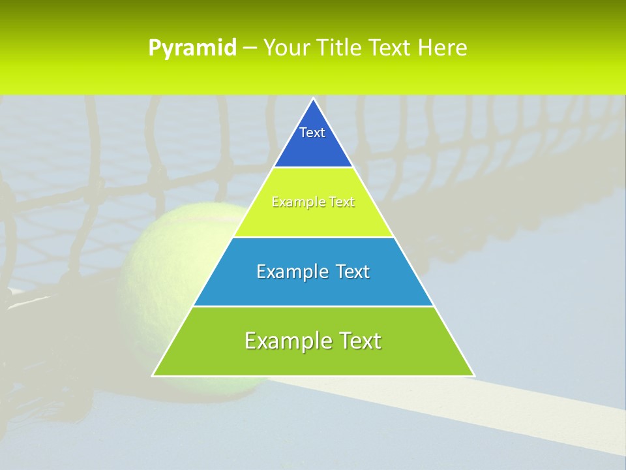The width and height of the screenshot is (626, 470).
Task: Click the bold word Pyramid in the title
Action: tap(192, 48)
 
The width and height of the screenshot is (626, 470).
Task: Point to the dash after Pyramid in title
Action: tap(249, 48)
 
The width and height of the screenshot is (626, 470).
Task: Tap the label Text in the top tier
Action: tap(312, 133)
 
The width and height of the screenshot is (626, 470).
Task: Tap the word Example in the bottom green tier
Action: tap(284, 341)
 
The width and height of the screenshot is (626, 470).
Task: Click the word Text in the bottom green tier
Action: tap(359, 341)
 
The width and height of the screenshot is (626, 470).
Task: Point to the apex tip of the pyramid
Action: tap(314, 99)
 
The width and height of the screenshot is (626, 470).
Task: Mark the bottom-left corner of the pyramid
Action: tap(153, 375)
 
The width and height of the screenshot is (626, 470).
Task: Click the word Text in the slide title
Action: tap(392, 48)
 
